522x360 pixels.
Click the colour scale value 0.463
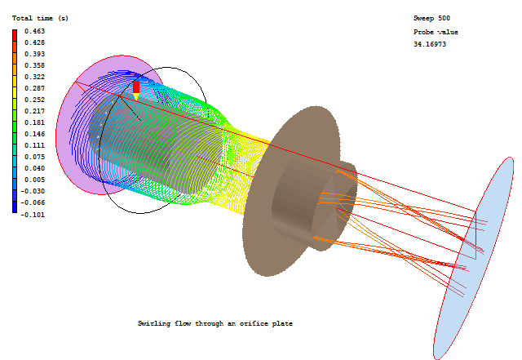(34, 31)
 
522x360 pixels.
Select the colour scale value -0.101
(33, 215)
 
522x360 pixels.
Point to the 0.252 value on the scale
(34, 100)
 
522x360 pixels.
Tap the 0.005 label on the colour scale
(34, 180)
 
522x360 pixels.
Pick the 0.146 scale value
(34, 134)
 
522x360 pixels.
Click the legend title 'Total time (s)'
(40, 18)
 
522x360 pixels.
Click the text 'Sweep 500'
(431, 18)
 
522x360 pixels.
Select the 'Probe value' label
(436, 32)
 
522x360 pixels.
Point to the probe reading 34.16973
(430, 44)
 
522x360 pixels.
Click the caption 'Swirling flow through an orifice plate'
(215, 323)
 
